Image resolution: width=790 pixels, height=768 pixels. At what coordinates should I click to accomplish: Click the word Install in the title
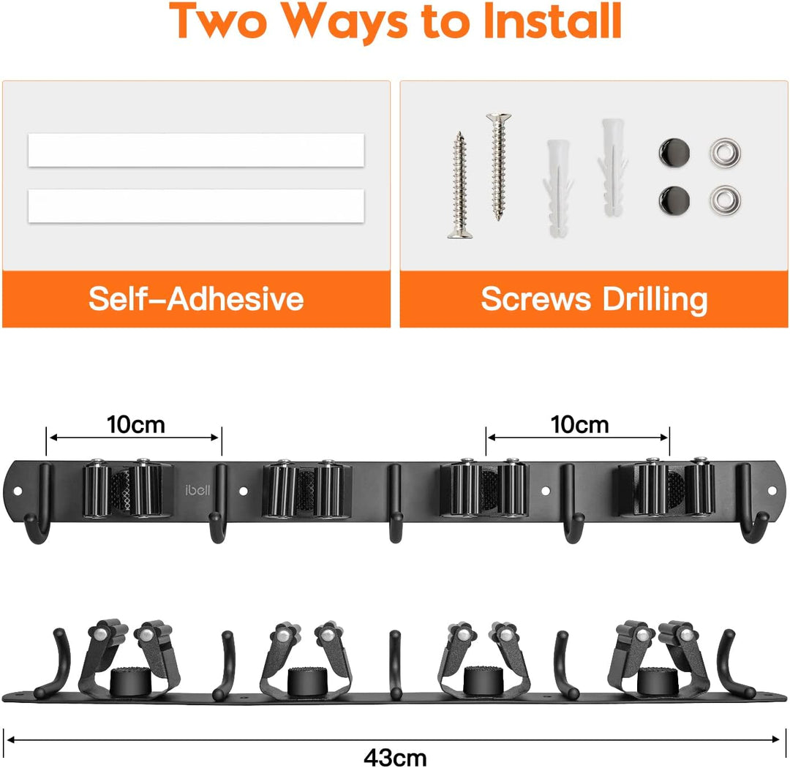click(x=552, y=21)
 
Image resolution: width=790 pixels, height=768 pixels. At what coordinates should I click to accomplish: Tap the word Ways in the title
click(x=344, y=23)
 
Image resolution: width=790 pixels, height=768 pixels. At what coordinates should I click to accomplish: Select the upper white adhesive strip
click(x=196, y=150)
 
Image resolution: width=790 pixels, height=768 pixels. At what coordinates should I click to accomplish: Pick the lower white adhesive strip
click(x=196, y=206)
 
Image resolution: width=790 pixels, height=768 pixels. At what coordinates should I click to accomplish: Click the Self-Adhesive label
click(x=196, y=299)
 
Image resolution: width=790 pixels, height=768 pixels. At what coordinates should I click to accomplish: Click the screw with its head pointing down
click(x=459, y=184)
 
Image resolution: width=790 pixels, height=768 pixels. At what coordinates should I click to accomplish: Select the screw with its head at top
click(x=499, y=167)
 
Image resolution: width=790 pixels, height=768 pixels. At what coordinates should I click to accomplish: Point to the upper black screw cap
click(x=674, y=153)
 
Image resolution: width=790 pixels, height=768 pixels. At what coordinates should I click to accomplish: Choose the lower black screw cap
click(x=674, y=200)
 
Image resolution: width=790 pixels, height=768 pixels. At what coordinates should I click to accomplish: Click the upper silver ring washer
click(x=725, y=152)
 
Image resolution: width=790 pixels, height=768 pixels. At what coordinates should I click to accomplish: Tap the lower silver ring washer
click(x=725, y=200)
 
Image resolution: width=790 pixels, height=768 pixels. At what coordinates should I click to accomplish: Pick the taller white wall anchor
click(x=613, y=167)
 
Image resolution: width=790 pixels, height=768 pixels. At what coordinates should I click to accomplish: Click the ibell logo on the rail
click(x=197, y=490)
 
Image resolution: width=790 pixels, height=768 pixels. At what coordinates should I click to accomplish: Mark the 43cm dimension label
click(x=395, y=758)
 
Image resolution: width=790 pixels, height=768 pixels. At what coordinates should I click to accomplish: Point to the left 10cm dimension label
click(x=136, y=425)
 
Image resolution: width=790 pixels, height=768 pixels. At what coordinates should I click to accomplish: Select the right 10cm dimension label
click(x=579, y=425)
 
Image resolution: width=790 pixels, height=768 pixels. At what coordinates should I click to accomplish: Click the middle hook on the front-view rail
click(x=396, y=503)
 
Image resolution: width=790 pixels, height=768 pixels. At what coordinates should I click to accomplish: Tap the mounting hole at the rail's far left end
click(x=18, y=490)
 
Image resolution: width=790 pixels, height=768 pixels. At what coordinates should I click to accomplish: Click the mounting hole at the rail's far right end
click(x=772, y=490)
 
